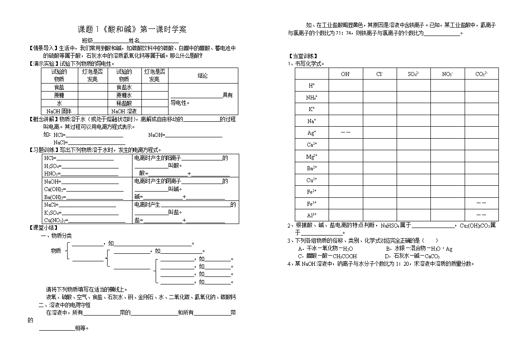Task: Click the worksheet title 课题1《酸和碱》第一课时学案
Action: coord(133,30)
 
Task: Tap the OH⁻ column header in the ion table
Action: coord(345,74)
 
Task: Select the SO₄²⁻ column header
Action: coord(414,74)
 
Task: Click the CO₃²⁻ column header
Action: coord(482,74)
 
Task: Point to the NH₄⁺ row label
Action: coord(312,97)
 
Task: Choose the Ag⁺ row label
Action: coord(312,133)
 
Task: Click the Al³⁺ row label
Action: coord(312,215)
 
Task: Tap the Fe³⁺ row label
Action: coord(312,204)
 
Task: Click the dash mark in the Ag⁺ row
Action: coord(345,132)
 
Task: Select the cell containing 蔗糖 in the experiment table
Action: coord(59,95)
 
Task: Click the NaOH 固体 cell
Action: coord(59,111)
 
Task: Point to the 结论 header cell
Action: coord(202,76)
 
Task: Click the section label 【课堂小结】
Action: coord(43,228)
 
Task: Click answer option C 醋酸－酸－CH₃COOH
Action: coord(327,256)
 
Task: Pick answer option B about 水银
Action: coord(419,249)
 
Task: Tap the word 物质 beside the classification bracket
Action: coord(56,251)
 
